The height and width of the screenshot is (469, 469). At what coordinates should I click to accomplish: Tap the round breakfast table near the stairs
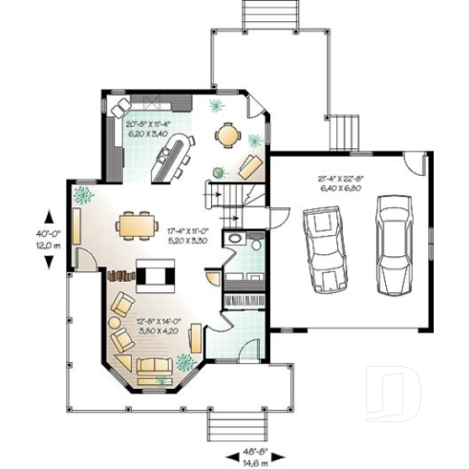[x=228, y=136]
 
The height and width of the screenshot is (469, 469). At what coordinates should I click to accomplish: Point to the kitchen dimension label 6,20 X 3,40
[x=149, y=134]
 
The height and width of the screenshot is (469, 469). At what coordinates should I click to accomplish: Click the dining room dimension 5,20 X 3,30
[x=187, y=242]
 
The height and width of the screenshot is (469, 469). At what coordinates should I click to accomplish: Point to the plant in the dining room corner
[x=83, y=196]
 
